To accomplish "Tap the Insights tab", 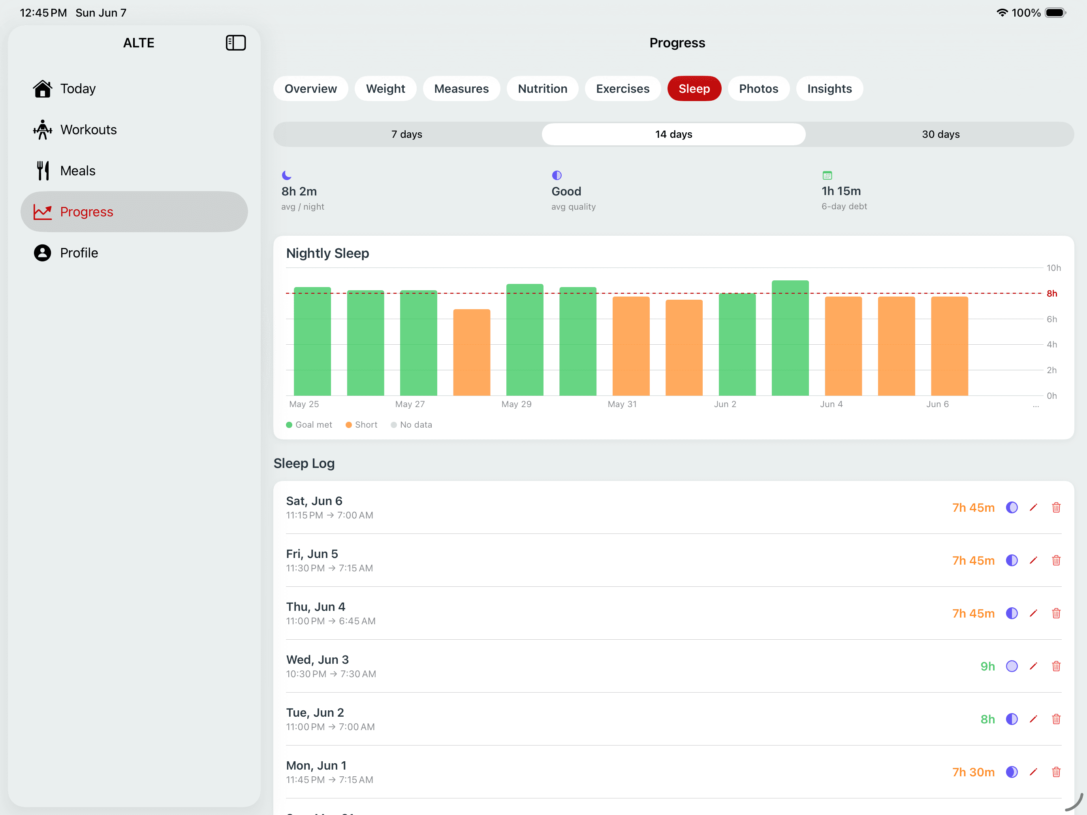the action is pyautogui.click(x=829, y=88).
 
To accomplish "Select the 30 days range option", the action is pyautogui.click(x=940, y=134).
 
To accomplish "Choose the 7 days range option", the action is pyautogui.click(x=407, y=134).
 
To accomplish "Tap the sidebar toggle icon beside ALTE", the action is pyautogui.click(x=235, y=43).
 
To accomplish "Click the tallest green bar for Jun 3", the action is pyautogui.click(x=790, y=338).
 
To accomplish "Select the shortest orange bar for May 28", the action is pyautogui.click(x=471, y=352).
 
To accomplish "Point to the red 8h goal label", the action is pyautogui.click(x=1051, y=293).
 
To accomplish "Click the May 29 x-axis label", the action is pyautogui.click(x=516, y=404).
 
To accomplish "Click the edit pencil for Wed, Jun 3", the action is pyautogui.click(x=1033, y=666).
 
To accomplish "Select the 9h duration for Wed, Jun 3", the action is pyautogui.click(x=987, y=666).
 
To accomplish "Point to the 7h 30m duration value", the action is pyautogui.click(x=973, y=772).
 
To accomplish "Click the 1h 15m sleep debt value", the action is pyautogui.click(x=841, y=191).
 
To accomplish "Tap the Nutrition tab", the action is pyautogui.click(x=543, y=88).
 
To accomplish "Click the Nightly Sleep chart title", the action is pyautogui.click(x=327, y=253).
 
